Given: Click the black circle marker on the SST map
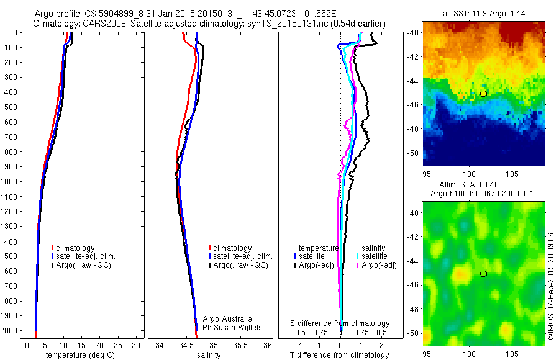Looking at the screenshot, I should (x=483, y=93).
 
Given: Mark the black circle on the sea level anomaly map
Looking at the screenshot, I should (x=483, y=274).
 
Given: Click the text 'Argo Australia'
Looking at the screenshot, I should (x=228, y=319).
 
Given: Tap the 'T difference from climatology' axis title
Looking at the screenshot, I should (x=339, y=355).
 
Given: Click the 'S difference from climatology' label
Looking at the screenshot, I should (x=340, y=323).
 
